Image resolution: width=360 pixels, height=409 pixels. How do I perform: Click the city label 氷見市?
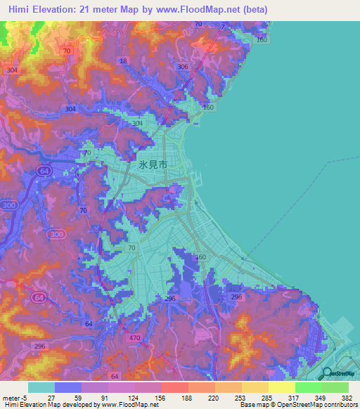pyautogui.click(x=153, y=166)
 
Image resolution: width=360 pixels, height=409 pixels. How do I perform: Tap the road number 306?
pyautogui.click(x=184, y=67)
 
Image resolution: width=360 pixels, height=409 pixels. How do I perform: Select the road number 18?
pyautogui.click(x=124, y=62)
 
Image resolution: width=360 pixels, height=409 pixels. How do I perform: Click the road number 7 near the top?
pyautogui.click(x=223, y=27)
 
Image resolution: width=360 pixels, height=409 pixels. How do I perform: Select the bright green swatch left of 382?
pyautogui.click(x=335, y=387)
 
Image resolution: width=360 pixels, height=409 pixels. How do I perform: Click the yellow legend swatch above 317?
pyautogui.click(x=281, y=387)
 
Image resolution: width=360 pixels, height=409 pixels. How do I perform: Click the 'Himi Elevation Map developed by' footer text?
pyautogui.click(x=49, y=405)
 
